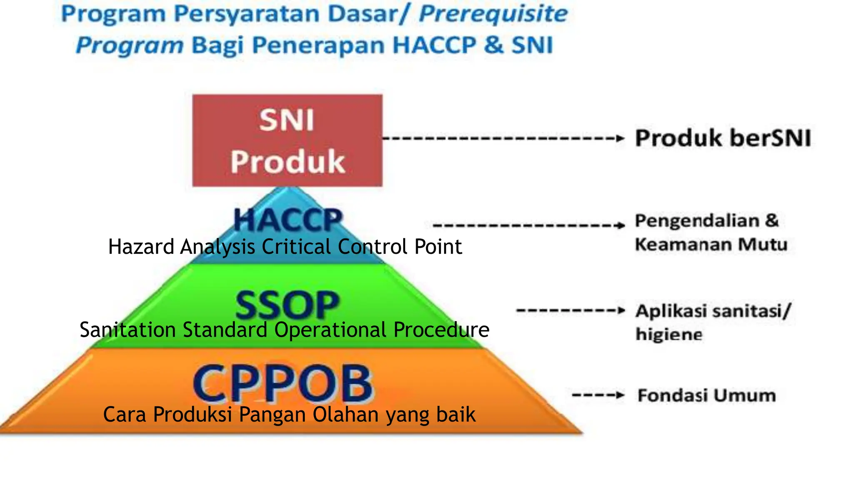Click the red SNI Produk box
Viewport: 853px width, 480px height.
click(287, 140)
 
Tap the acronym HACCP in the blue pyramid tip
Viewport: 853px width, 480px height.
click(288, 220)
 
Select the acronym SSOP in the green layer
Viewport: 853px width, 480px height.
click(287, 305)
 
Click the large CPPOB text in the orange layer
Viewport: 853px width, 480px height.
click(283, 383)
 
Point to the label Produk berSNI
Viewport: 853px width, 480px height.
click(723, 138)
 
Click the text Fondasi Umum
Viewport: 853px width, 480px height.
click(707, 395)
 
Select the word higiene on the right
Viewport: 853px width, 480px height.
click(669, 335)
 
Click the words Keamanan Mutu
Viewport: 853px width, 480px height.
click(711, 244)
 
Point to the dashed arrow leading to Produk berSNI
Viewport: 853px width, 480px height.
click(503, 138)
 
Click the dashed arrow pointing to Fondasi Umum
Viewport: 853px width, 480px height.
click(598, 395)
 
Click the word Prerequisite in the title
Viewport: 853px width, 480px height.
click(493, 14)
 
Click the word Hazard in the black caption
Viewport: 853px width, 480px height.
click(141, 247)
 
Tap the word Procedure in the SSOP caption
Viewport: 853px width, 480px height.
click(441, 330)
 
